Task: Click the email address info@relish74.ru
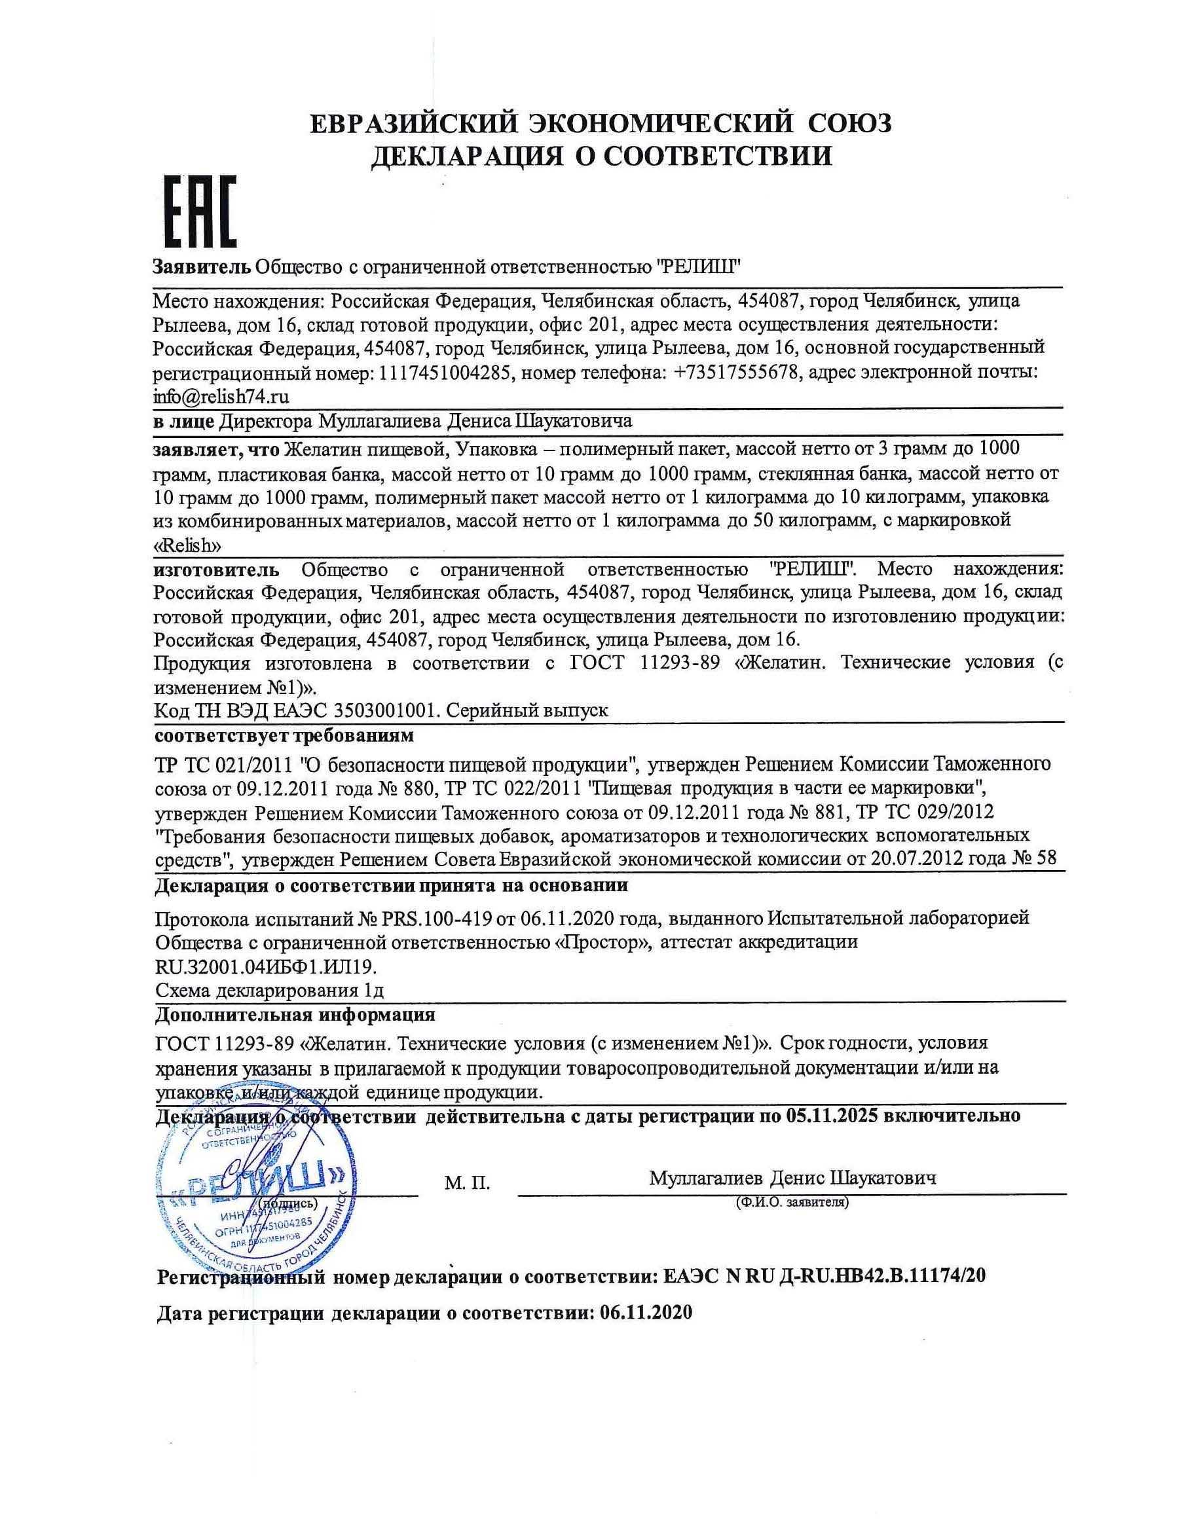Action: (221, 396)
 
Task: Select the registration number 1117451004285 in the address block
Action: (444, 373)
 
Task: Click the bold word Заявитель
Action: (202, 267)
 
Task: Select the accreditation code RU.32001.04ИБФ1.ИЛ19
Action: (266, 967)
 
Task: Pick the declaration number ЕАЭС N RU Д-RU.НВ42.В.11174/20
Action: (824, 1275)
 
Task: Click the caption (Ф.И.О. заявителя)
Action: (792, 1203)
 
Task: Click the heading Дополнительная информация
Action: (295, 1014)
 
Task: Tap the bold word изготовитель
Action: (216, 569)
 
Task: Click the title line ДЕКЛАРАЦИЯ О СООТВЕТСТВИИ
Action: (601, 155)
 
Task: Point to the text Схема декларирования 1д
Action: (269, 991)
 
